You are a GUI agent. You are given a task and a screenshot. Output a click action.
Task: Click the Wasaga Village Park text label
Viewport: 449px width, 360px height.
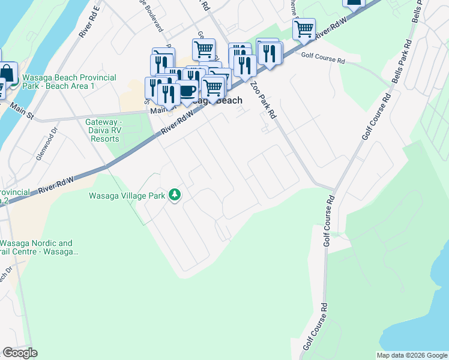click(127, 195)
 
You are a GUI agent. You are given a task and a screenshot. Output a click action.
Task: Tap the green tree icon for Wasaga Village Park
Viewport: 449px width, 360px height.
click(175, 194)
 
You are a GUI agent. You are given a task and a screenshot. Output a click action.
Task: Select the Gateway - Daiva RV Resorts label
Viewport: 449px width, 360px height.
click(111, 130)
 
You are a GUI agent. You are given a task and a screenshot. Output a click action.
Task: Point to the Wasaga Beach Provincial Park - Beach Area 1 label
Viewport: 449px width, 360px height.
click(68, 82)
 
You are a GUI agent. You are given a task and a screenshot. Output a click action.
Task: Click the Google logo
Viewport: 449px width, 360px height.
click(20, 353)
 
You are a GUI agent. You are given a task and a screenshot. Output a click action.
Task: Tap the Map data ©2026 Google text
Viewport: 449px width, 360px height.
click(411, 355)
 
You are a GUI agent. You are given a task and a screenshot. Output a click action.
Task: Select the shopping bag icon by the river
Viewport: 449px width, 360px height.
click(8, 73)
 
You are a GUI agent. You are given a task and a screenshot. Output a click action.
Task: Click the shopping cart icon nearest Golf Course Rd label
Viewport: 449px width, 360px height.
click(304, 28)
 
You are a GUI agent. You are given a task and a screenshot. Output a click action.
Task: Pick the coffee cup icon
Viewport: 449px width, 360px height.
click(187, 91)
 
